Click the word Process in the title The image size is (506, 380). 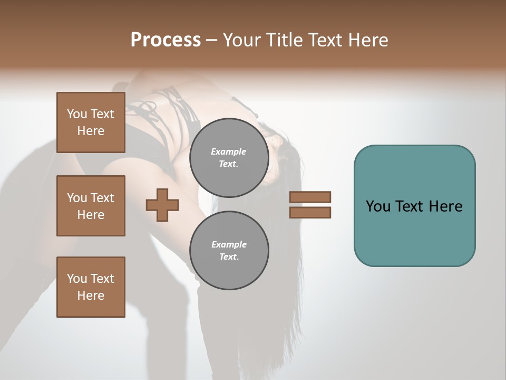(166, 40)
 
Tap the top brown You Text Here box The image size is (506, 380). (91, 122)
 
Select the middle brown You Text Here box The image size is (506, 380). (91, 206)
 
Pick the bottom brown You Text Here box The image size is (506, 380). (91, 287)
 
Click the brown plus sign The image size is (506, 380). (162, 205)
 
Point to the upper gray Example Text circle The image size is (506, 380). (229, 157)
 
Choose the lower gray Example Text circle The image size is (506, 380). (229, 251)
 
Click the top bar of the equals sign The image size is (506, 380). (310, 197)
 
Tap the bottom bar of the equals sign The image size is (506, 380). (310, 212)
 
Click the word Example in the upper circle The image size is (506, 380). (229, 151)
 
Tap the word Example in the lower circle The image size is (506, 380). (229, 244)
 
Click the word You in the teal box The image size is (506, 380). (378, 206)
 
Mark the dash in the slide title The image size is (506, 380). (212, 41)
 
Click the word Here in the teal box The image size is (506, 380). (445, 206)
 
